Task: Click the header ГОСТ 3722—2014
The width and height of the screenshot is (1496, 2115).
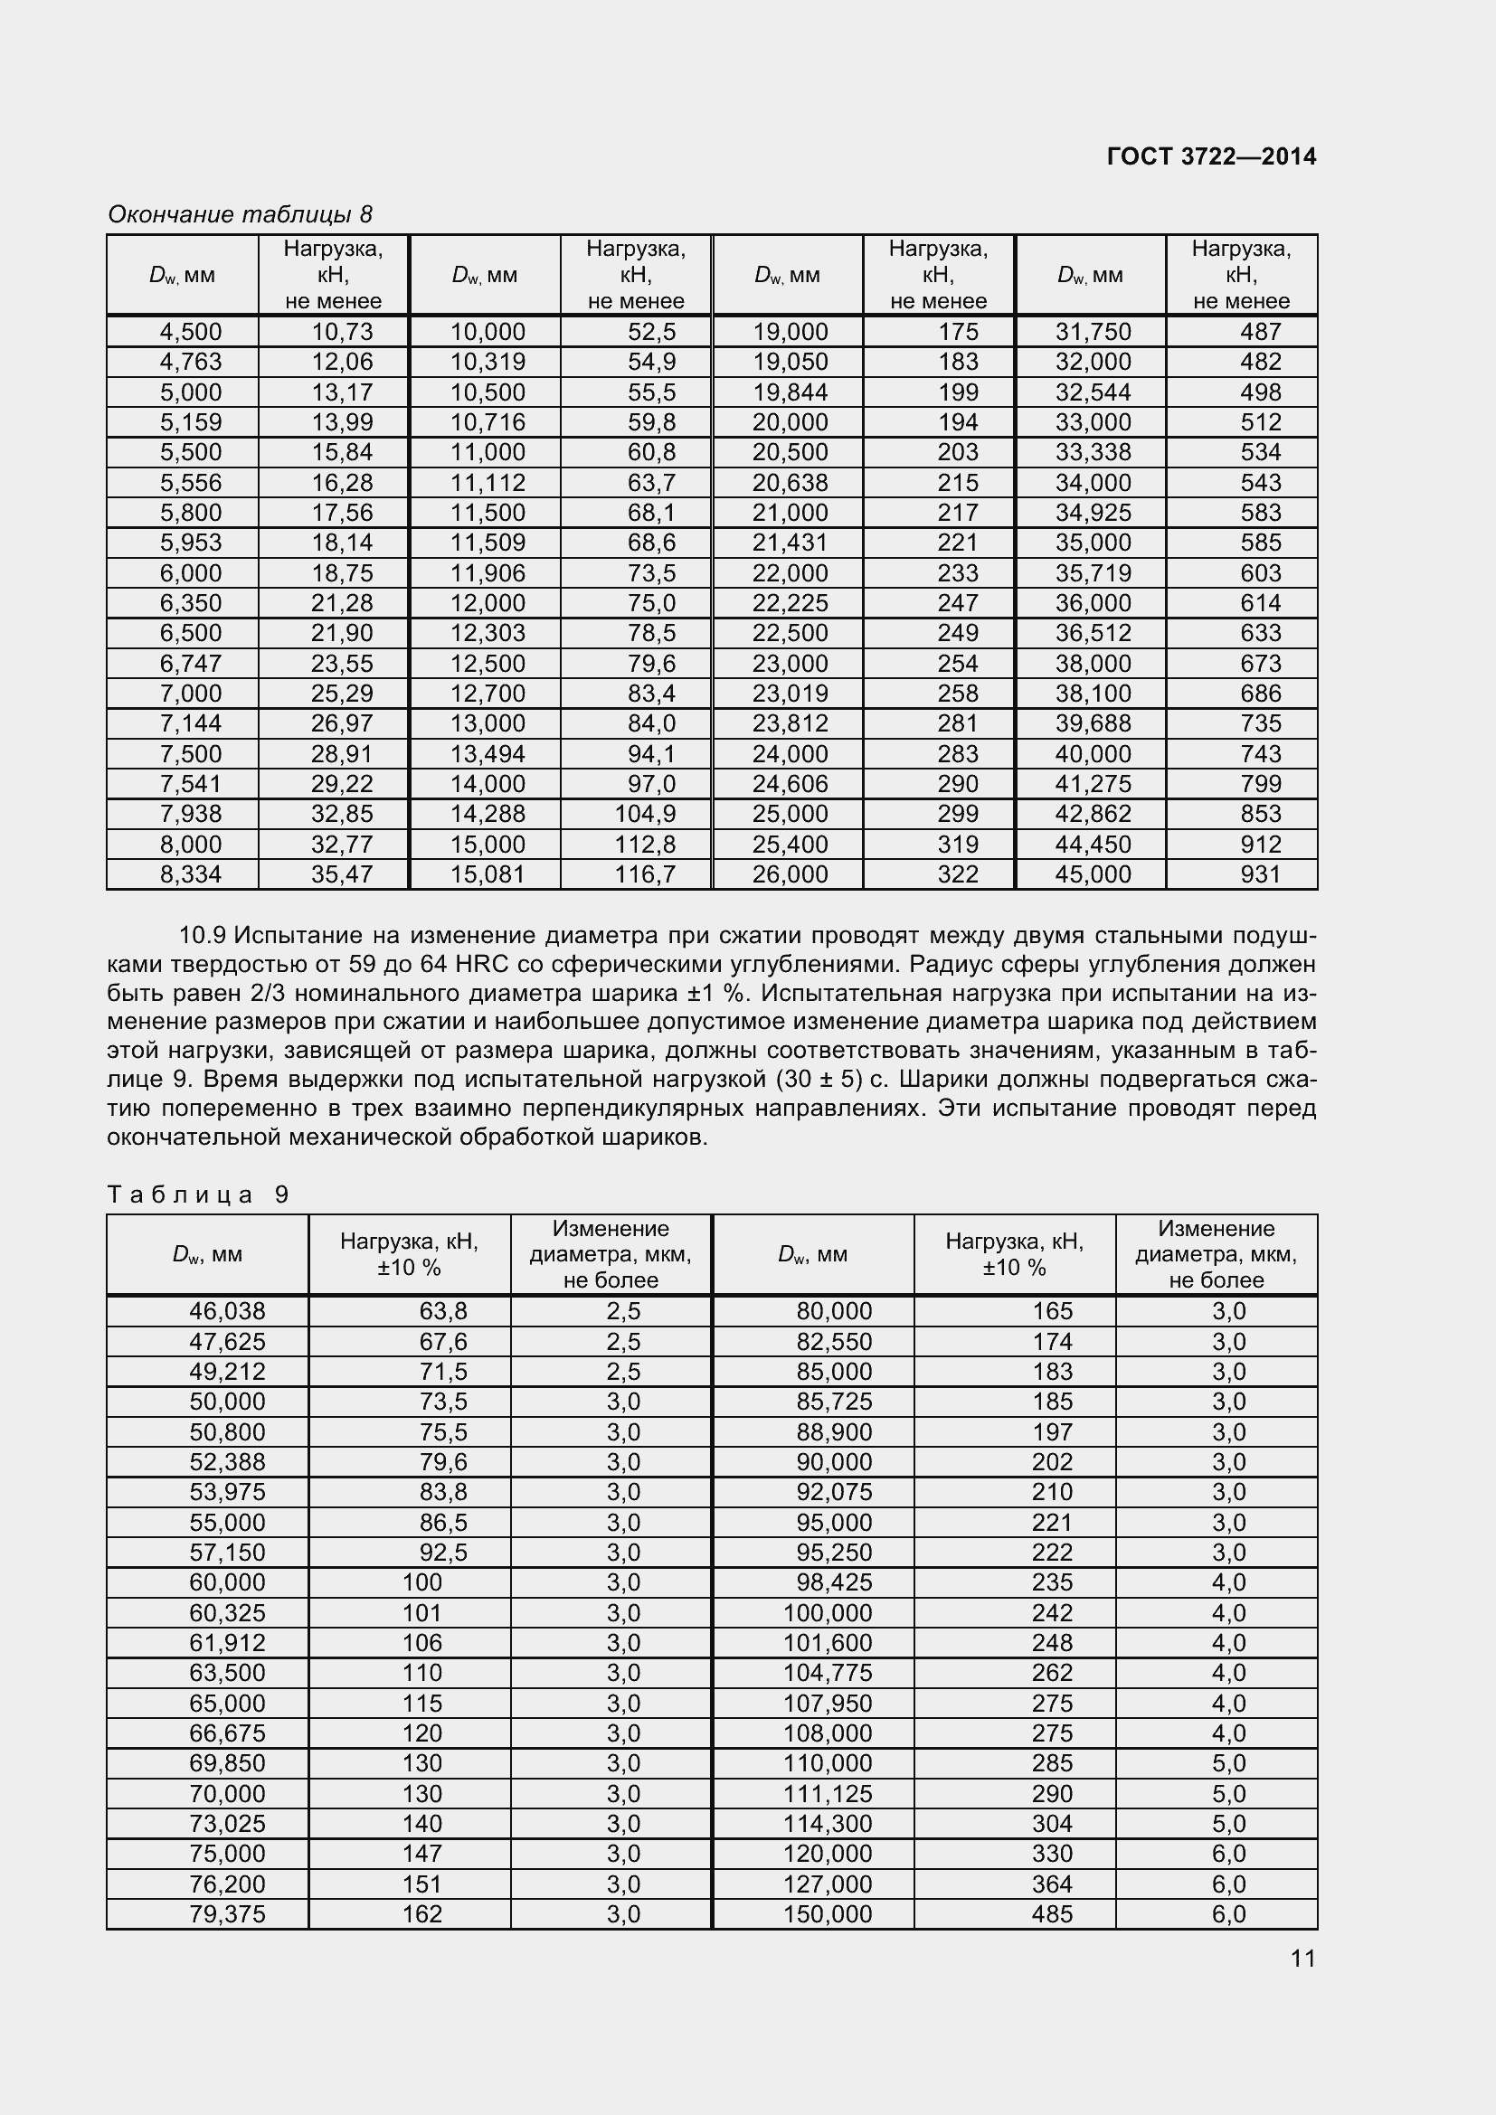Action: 1210,156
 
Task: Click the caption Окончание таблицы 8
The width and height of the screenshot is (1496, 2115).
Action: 240,214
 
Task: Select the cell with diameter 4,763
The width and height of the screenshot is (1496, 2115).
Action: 191,362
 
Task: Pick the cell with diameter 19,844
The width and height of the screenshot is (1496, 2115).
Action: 791,392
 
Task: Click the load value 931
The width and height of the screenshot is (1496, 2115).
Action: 1260,874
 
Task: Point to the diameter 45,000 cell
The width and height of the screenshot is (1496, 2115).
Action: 1093,874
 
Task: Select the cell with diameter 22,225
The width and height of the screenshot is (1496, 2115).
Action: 791,603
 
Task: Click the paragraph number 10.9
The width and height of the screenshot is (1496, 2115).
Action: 202,936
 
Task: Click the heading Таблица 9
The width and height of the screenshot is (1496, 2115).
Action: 198,1194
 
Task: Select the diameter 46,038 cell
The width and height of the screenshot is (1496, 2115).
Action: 227,1311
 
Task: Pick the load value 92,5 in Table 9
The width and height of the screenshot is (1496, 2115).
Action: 443,1553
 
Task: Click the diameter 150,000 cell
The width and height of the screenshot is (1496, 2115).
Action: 828,1914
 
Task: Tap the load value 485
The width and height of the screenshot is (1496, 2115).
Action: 1052,1914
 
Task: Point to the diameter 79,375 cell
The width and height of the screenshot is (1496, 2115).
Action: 227,1914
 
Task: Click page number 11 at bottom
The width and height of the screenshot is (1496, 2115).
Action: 1302,1959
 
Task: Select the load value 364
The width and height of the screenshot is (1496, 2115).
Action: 1052,1884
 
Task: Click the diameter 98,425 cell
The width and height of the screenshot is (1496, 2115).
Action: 834,1582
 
